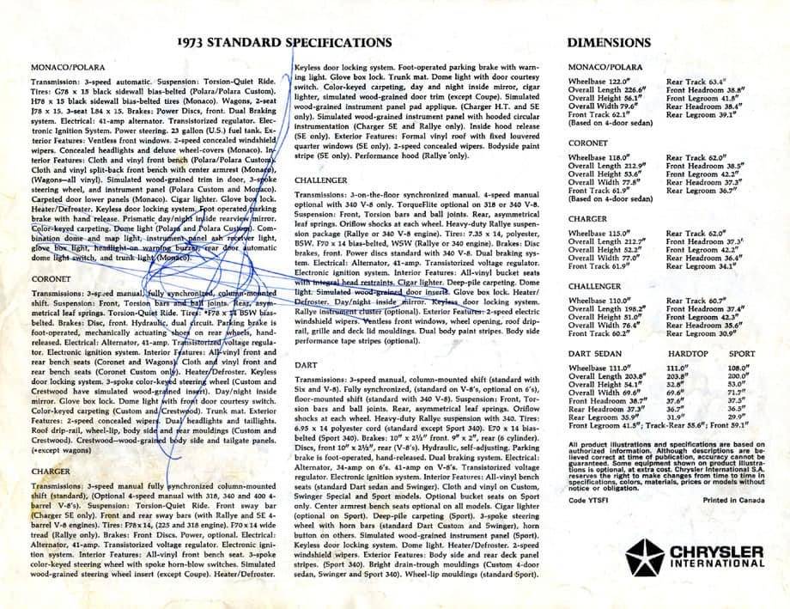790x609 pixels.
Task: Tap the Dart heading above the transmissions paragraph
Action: point(305,364)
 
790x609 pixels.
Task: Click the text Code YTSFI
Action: point(587,499)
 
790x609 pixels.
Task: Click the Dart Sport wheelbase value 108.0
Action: point(739,368)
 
